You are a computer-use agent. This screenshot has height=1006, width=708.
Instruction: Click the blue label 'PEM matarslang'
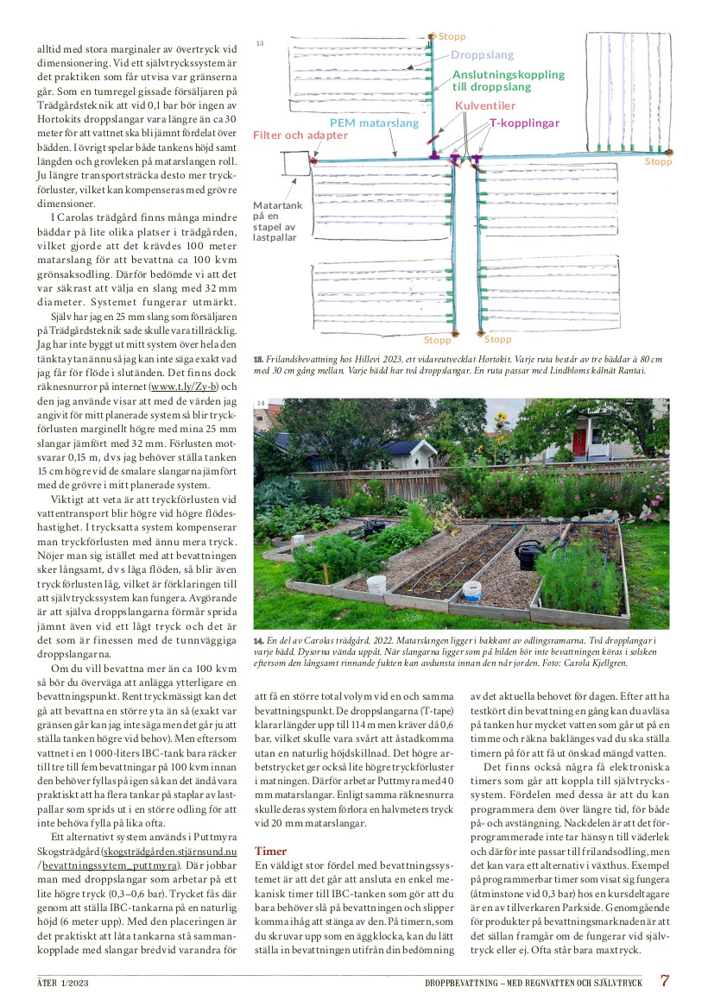(x=374, y=123)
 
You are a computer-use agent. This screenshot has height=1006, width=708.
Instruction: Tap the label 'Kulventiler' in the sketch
(x=485, y=105)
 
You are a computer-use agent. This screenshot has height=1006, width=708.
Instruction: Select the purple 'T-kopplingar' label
(x=524, y=123)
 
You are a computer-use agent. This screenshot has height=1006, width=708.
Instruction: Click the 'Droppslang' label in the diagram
(x=481, y=54)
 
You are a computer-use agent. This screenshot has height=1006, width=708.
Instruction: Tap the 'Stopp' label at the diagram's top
(x=452, y=36)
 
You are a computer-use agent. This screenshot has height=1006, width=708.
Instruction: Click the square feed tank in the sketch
(x=294, y=165)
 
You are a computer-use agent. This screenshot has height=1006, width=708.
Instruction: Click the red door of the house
(x=578, y=443)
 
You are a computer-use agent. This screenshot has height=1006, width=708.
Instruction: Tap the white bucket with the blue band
(x=472, y=592)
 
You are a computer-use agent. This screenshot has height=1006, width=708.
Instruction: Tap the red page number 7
(x=665, y=981)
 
